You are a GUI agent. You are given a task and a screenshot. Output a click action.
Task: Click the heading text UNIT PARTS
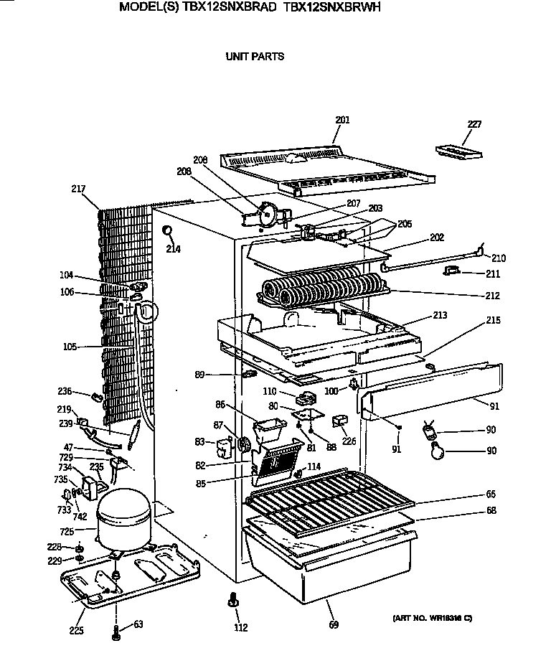click(x=255, y=56)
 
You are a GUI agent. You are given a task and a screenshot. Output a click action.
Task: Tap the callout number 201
click(x=343, y=121)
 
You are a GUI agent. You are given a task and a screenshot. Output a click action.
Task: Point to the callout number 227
click(x=474, y=124)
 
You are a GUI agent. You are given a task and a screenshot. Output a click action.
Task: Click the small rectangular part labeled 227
click(x=459, y=151)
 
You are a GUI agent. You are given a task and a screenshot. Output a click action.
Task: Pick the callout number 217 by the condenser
click(x=78, y=189)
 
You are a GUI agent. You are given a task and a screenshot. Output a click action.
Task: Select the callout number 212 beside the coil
click(x=492, y=295)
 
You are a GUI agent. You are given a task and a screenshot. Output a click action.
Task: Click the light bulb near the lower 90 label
click(x=435, y=451)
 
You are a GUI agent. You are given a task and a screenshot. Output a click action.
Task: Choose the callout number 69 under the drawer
click(x=334, y=625)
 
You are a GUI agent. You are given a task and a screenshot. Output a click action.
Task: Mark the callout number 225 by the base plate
click(x=76, y=631)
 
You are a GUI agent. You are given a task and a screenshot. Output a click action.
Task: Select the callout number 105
click(x=70, y=347)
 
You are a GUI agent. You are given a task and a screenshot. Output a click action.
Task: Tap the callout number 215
click(x=492, y=320)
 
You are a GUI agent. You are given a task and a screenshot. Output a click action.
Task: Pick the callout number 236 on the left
click(x=65, y=391)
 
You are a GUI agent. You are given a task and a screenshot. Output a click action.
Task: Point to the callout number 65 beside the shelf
click(x=491, y=494)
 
